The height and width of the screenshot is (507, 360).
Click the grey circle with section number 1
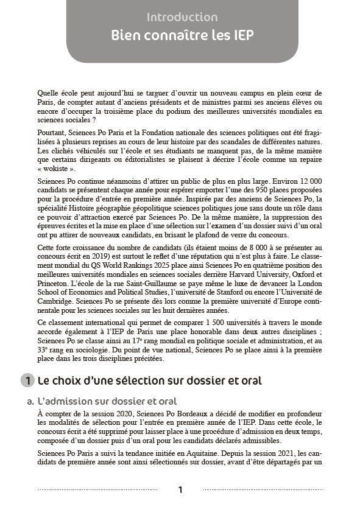[x=27, y=381]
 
